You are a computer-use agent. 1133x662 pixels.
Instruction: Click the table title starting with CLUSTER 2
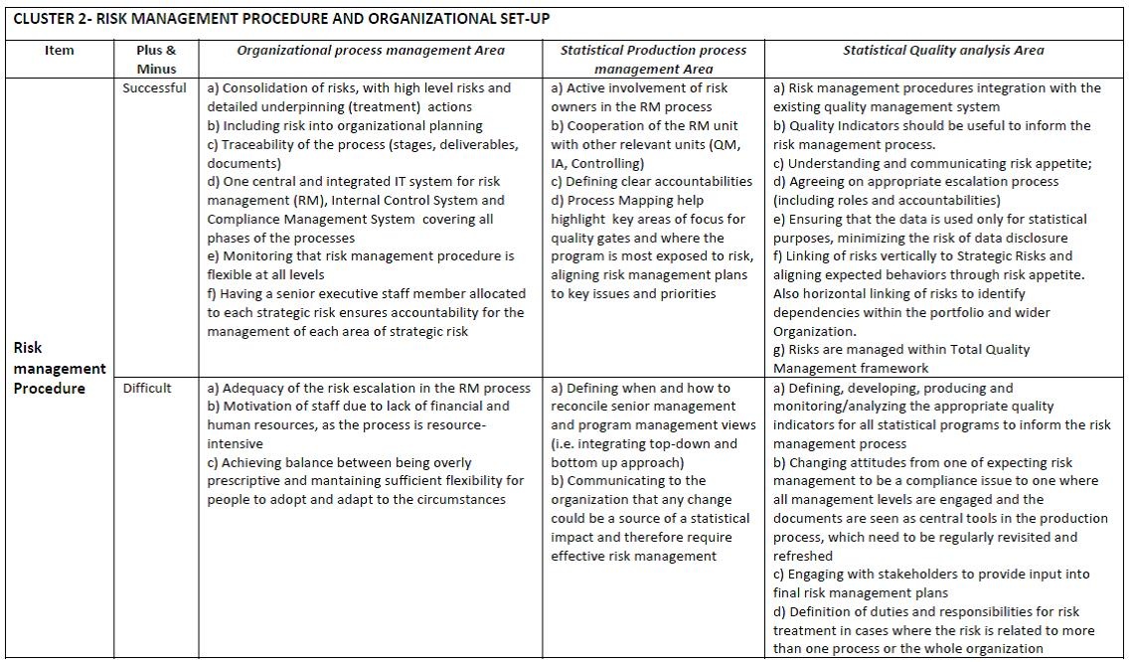pyautogui.click(x=282, y=19)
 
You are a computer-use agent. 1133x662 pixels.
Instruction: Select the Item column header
pyautogui.click(x=60, y=51)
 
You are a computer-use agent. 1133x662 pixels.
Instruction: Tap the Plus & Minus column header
pyautogui.click(x=156, y=60)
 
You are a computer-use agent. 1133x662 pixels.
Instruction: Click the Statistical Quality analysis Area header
pyautogui.click(x=943, y=51)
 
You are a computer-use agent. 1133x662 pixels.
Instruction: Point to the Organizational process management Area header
pyautogui.click(x=371, y=51)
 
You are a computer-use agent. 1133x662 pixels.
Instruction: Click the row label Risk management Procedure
pyautogui.click(x=59, y=368)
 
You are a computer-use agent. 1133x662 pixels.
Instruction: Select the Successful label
pyautogui.click(x=154, y=87)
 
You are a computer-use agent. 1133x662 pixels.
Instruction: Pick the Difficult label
pyautogui.click(x=147, y=388)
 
